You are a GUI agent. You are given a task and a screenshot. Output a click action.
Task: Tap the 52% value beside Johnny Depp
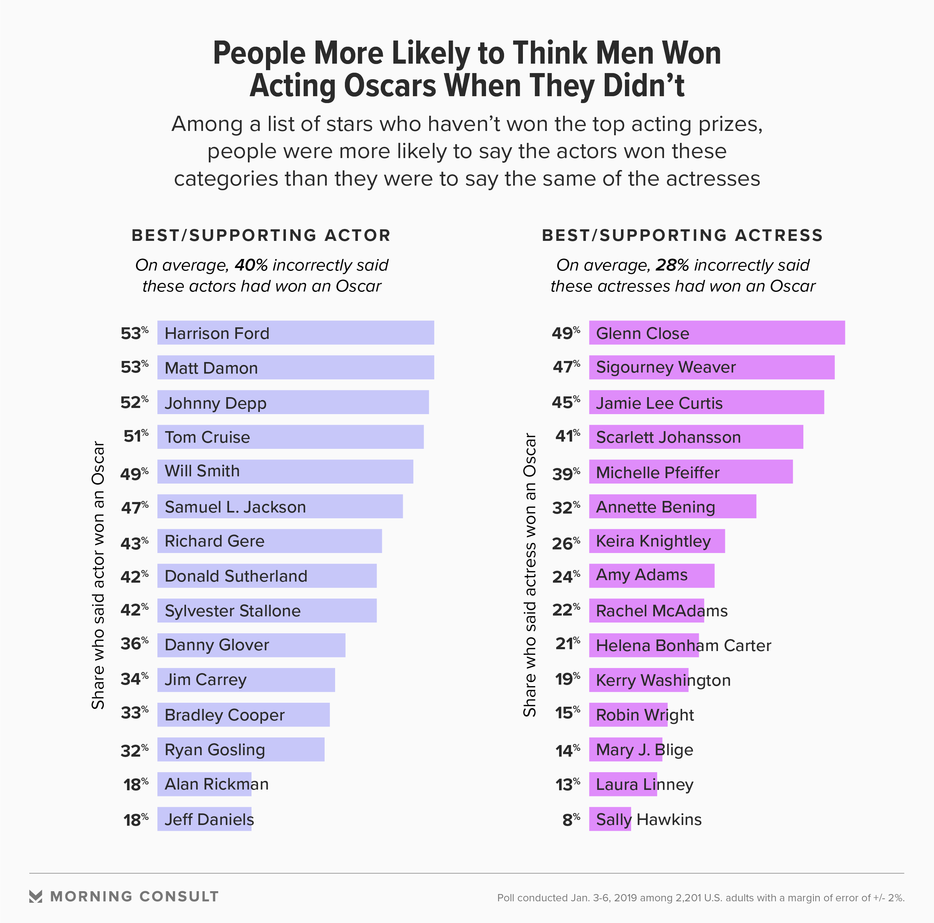pos(134,402)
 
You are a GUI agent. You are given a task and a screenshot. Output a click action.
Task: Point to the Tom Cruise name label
pos(207,437)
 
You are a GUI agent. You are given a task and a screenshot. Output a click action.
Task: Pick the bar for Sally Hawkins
pos(610,819)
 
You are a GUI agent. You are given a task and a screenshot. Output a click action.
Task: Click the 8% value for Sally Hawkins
pos(570,820)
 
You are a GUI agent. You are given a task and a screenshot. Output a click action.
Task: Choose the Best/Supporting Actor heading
pos(261,235)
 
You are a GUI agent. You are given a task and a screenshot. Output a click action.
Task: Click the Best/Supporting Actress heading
pos(682,235)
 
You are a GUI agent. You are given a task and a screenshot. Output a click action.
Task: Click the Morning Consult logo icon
pos(36,897)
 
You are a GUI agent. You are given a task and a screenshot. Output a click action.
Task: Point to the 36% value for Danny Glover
pos(134,644)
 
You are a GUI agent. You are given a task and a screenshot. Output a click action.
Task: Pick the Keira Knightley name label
pos(653,541)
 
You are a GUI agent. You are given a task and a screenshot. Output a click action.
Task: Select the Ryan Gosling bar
pos(240,749)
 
